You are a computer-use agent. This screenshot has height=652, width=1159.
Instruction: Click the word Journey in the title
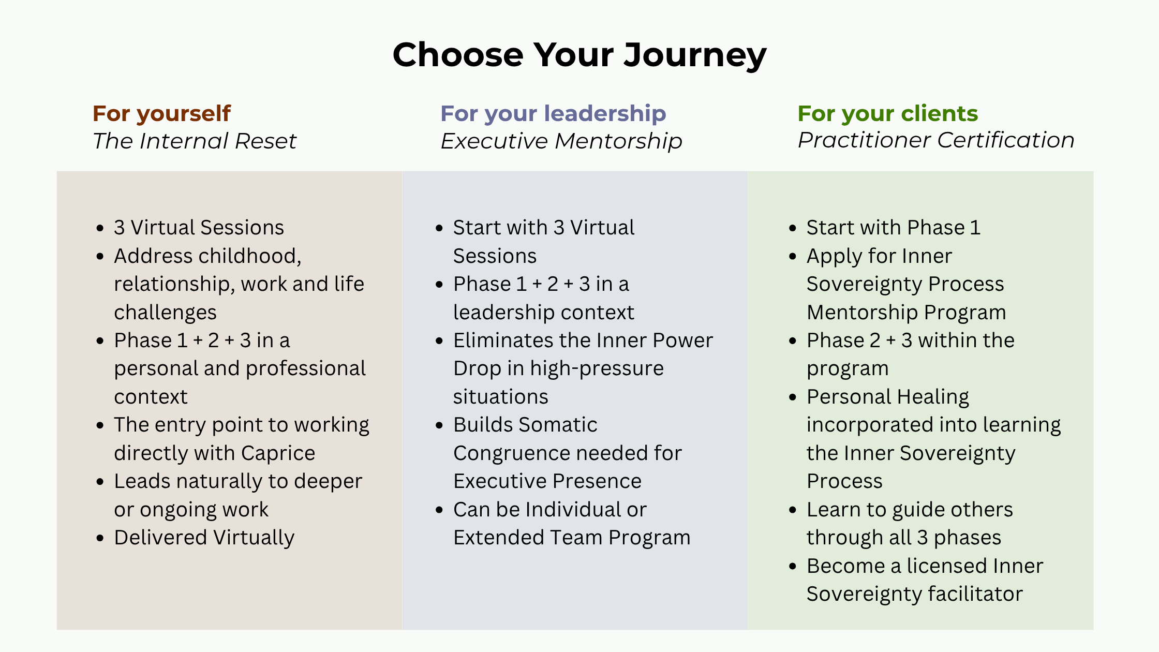point(695,55)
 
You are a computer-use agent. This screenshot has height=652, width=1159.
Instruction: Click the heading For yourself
point(161,113)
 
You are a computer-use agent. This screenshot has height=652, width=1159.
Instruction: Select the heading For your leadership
point(553,113)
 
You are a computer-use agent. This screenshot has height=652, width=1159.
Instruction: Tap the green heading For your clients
point(888,113)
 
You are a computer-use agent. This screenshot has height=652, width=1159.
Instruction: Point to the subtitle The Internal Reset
point(195,141)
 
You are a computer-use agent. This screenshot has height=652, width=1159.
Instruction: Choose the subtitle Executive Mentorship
point(561,141)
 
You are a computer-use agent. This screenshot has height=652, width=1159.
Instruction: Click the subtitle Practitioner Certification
point(936,140)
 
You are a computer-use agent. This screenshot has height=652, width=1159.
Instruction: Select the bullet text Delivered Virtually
point(204,538)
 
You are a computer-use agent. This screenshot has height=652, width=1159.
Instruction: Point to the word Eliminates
point(503,340)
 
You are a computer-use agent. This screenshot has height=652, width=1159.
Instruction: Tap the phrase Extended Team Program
point(572,538)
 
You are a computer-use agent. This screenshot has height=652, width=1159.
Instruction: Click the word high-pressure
point(597,369)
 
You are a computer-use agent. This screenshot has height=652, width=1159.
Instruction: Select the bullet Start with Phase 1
point(894,228)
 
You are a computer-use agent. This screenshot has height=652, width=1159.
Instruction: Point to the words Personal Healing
point(888,397)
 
